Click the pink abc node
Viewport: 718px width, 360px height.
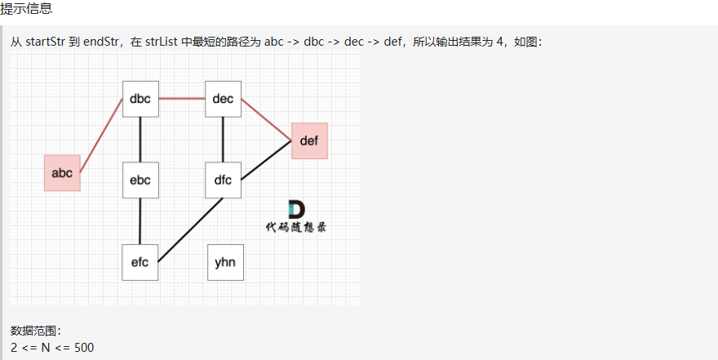coord(62,172)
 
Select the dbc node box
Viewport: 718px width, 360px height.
coord(140,99)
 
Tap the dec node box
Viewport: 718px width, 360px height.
coord(223,99)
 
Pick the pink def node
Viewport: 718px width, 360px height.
coord(309,140)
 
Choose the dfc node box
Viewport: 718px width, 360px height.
coord(223,180)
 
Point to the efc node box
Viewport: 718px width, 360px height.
coord(140,262)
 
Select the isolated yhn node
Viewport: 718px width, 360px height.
coord(225,262)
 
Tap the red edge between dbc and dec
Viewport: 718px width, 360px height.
coord(181,99)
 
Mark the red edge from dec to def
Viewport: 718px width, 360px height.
coord(266,119)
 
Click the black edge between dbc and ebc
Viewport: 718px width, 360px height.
coord(140,140)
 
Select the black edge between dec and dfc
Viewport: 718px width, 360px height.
coord(223,140)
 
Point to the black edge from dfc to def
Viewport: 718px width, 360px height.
coord(266,159)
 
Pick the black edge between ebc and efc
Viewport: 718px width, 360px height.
coord(140,220)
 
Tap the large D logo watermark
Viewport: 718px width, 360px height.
coord(296,210)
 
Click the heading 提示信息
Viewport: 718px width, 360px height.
coord(26,8)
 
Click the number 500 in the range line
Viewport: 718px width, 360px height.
coord(84,347)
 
